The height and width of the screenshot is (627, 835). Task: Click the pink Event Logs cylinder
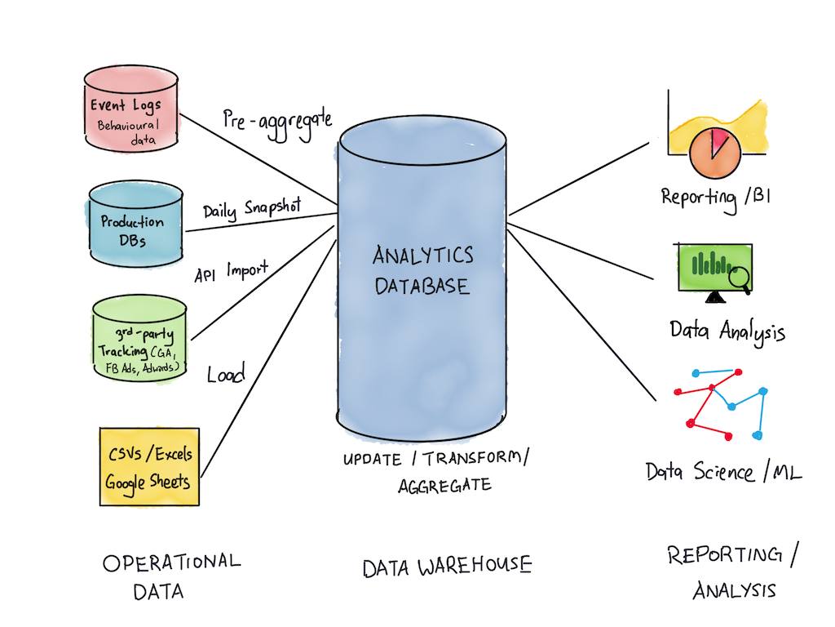(x=130, y=109)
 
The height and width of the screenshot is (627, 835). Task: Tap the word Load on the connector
(x=226, y=375)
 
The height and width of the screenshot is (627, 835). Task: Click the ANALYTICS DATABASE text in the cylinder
(x=422, y=270)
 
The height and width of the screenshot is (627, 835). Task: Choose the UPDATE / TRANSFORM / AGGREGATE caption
(x=435, y=471)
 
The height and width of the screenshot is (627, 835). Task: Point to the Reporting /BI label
(x=712, y=198)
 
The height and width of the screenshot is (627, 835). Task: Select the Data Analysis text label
(x=727, y=331)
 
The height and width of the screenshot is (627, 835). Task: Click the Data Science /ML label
(x=723, y=472)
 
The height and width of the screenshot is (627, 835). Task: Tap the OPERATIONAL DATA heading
(x=171, y=576)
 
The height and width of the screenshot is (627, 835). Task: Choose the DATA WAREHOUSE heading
(x=447, y=565)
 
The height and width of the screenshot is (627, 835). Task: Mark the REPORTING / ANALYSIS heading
(x=733, y=572)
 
